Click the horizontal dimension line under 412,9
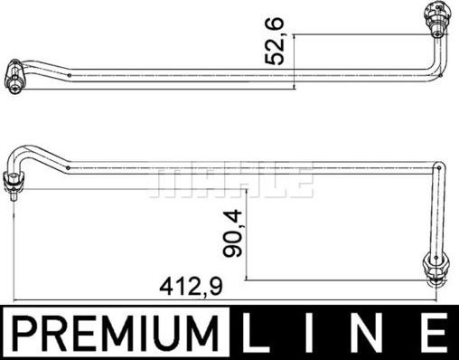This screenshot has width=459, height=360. pos(226,299)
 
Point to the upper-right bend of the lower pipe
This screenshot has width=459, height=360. pos(439,168)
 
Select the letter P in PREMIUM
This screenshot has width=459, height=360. pos(25,332)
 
